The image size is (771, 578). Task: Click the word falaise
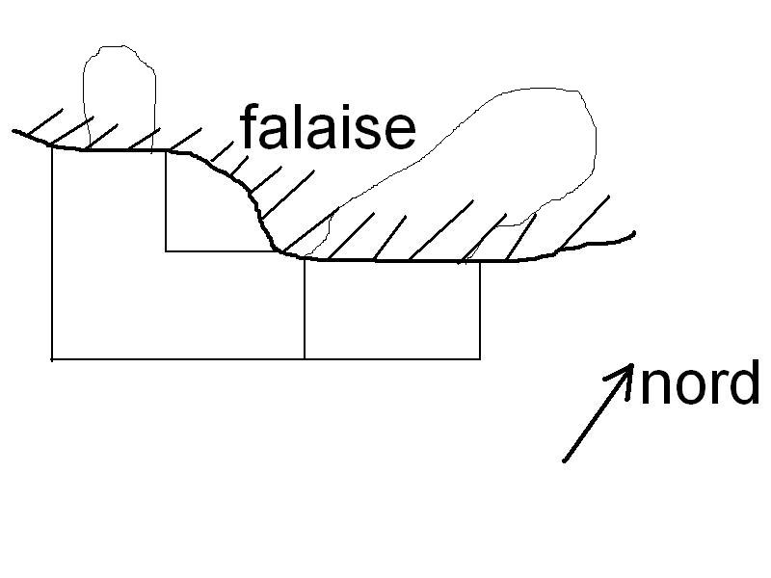(x=328, y=128)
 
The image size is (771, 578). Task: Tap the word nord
(x=700, y=384)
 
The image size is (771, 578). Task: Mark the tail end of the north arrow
(x=564, y=460)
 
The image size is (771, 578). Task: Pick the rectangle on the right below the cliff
(x=392, y=309)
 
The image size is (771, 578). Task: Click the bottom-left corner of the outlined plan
(x=51, y=359)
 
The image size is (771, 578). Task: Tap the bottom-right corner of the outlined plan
(x=480, y=358)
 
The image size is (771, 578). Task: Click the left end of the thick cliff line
(x=14, y=130)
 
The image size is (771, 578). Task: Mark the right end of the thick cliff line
(x=634, y=233)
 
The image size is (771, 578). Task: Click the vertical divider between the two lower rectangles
(x=305, y=308)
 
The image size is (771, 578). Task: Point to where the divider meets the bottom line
(x=305, y=358)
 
